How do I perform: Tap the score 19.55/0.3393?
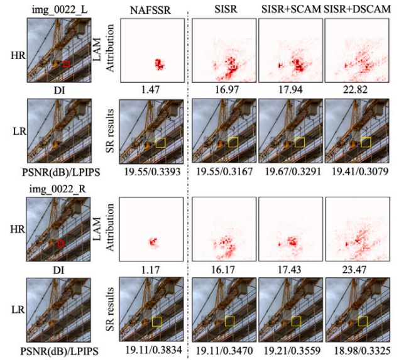point(149,170)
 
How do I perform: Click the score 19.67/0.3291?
point(290,170)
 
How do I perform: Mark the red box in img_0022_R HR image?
point(60,243)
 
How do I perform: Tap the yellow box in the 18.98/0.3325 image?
point(363,321)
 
